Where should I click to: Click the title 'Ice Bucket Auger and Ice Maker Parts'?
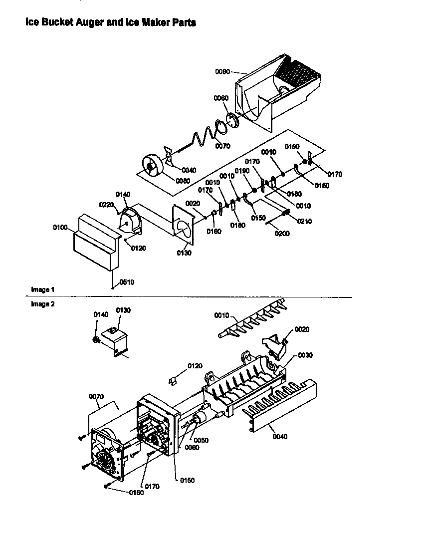[x=110, y=22]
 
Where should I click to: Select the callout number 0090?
[x=222, y=72]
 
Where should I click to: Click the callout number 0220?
[x=107, y=204]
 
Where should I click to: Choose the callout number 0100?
[x=60, y=228]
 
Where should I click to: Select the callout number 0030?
[x=305, y=355]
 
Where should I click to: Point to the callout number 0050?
[x=202, y=440]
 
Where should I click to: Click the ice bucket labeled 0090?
[x=279, y=95]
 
